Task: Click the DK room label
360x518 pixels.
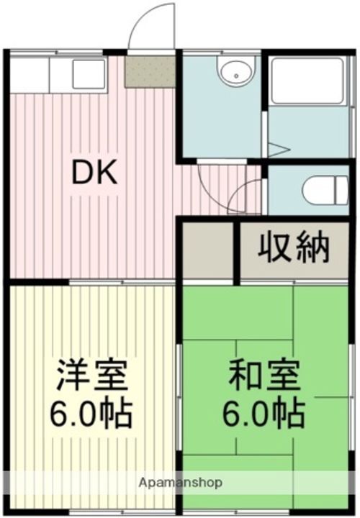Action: tap(94, 172)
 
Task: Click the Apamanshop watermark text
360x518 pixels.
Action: tap(180, 481)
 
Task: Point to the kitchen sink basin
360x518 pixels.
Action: tap(88, 74)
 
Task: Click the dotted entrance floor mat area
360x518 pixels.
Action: tap(150, 71)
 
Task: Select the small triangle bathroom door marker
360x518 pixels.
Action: tap(278, 150)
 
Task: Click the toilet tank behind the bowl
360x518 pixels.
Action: tap(344, 190)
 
